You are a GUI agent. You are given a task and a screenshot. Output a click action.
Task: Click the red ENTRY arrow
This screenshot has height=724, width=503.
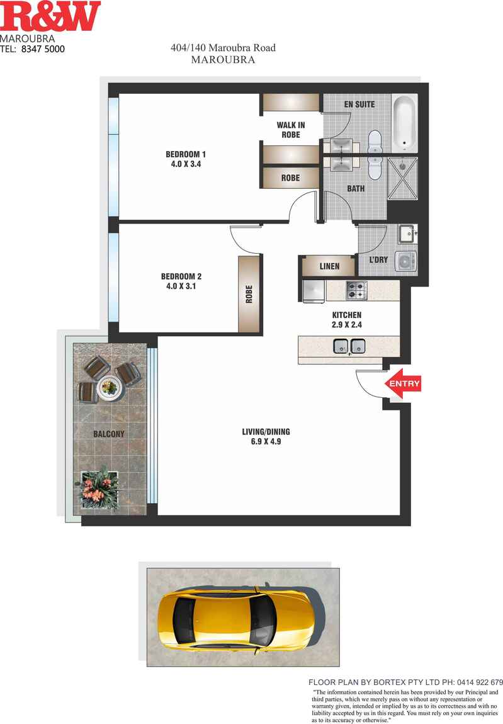pos(403,384)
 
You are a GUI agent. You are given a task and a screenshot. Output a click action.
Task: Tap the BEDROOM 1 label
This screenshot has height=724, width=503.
pos(186,159)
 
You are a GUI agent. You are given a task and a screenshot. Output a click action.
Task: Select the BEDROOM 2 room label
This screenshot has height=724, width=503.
pos(181,281)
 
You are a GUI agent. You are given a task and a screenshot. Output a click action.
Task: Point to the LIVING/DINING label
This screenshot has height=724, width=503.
pos(266,436)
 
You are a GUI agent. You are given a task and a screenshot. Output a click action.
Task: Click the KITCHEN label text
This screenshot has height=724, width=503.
pos(347,320)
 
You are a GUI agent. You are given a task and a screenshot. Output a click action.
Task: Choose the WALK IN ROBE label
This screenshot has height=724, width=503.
pos(291,130)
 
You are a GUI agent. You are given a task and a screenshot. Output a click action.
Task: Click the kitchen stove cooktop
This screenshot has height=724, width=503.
pos(356,290)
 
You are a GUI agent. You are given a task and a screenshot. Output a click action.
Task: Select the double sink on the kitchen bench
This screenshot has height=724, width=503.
pos(349,345)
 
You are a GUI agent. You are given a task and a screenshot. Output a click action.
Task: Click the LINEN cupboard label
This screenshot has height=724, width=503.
pos(329,266)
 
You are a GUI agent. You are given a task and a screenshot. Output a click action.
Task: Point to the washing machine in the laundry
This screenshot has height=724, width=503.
pos(405,261)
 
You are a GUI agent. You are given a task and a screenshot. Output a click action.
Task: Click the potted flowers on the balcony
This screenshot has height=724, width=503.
pos(98,488)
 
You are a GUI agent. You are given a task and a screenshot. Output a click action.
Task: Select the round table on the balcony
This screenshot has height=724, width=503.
pos(108,385)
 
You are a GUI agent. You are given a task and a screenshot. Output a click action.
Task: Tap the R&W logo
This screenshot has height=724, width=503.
pos(50,16)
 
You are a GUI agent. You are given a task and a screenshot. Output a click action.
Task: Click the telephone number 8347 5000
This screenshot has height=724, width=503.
pos(43,48)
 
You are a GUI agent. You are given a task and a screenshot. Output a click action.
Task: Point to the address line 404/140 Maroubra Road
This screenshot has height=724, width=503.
pos(223,48)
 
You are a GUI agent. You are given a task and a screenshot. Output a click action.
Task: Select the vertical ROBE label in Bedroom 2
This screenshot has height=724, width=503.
pos(249,293)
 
